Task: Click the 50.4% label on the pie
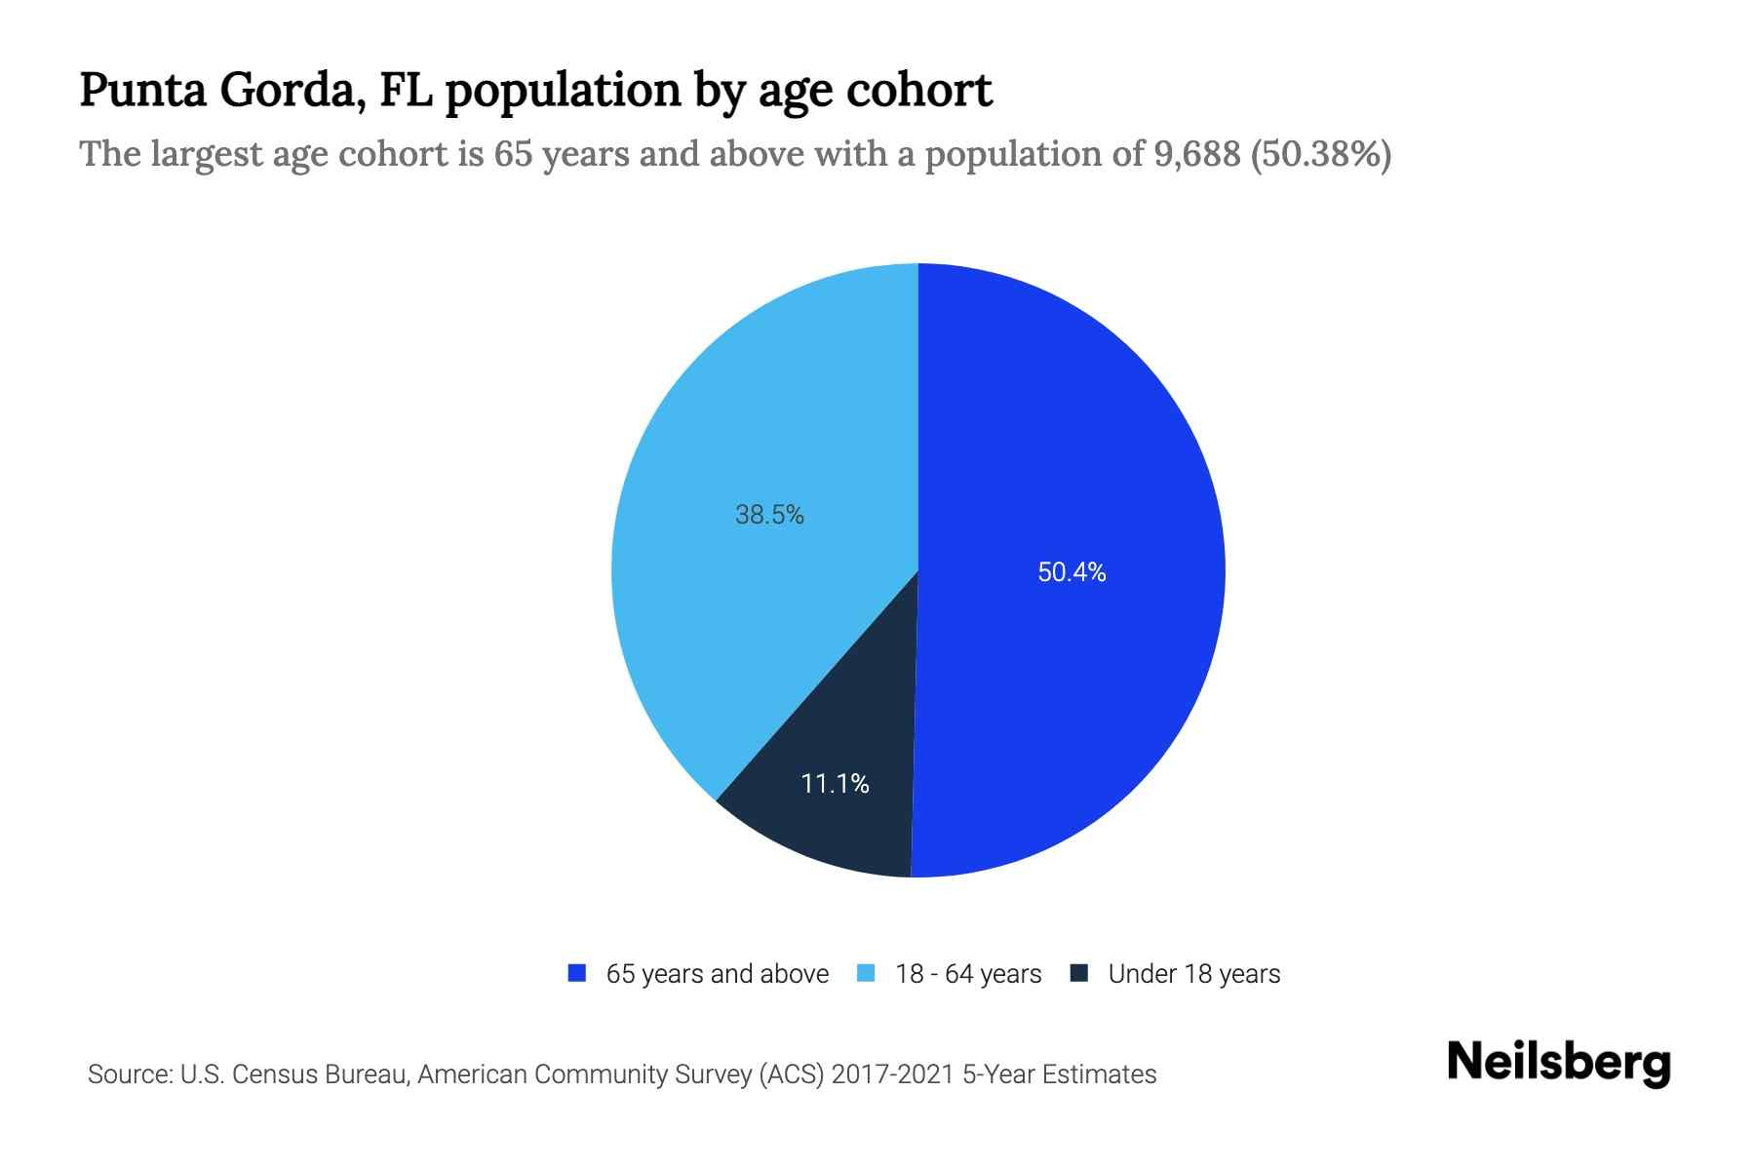tap(1072, 572)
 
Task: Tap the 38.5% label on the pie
tap(769, 515)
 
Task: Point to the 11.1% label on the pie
tap(835, 783)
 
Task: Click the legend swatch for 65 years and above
tap(577, 973)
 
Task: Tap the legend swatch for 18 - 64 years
tap(866, 973)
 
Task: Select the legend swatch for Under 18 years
tap(1079, 973)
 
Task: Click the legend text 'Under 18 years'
tap(1194, 974)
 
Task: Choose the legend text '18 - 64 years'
tap(968, 974)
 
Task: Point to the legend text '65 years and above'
tap(718, 974)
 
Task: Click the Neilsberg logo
tap(1559, 1063)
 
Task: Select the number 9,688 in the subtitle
tap(1196, 154)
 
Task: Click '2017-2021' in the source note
tap(893, 1074)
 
